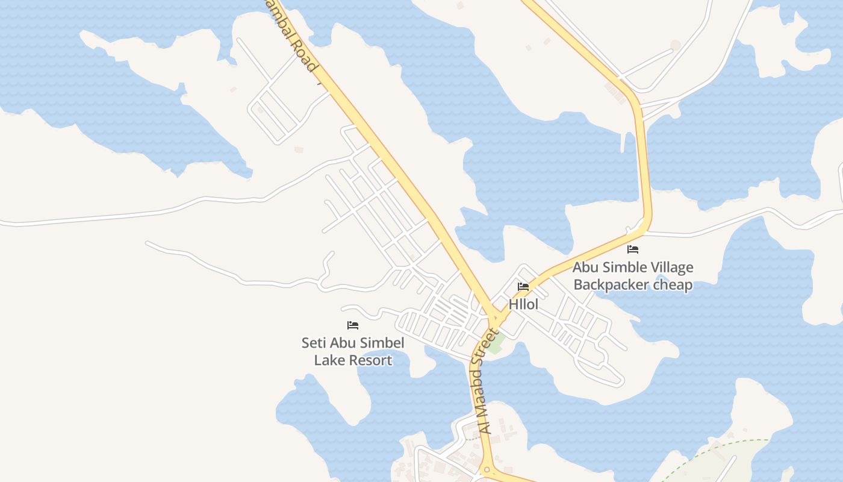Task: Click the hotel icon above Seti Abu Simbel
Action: pos(353,325)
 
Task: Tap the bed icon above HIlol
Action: pos(523,287)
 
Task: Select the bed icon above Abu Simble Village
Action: pos(633,249)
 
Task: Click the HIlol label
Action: pos(523,304)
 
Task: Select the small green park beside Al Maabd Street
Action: pos(496,343)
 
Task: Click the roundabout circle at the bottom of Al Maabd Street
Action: pos(486,470)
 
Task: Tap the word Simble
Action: pos(618,267)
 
